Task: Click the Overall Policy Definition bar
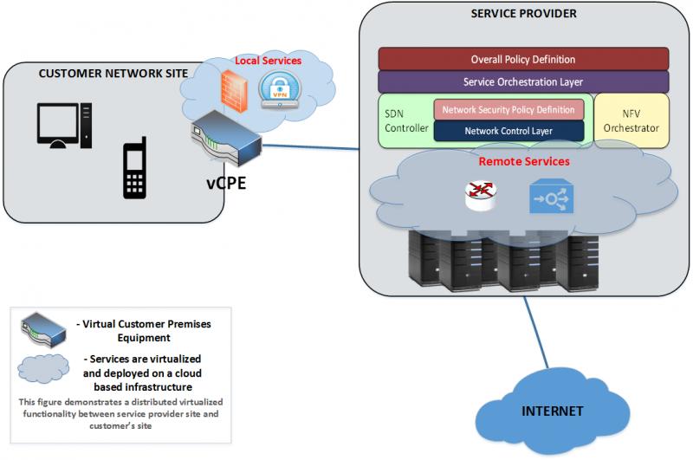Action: coord(523,59)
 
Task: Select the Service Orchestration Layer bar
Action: coord(523,81)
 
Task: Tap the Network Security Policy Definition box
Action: coord(508,110)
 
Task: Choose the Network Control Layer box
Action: coord(508,131)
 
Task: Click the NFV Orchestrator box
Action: coord(631,120)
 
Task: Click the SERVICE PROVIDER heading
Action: coord(523,15)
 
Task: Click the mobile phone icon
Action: coord(133,170)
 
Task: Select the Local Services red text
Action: coord(269,62)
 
